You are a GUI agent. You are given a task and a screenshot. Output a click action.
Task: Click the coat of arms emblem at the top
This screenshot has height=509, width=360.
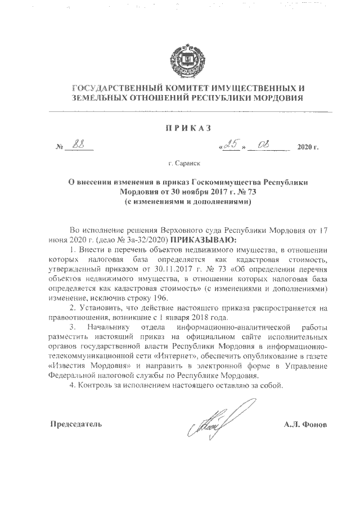coord(180,60)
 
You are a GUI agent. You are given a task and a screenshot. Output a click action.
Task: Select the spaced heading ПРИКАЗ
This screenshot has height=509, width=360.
coord(187,128)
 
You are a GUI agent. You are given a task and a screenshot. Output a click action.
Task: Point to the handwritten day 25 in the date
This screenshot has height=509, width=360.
coord(229,145)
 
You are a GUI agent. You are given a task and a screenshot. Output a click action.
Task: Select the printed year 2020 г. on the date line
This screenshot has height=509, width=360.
coord(307,148)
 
